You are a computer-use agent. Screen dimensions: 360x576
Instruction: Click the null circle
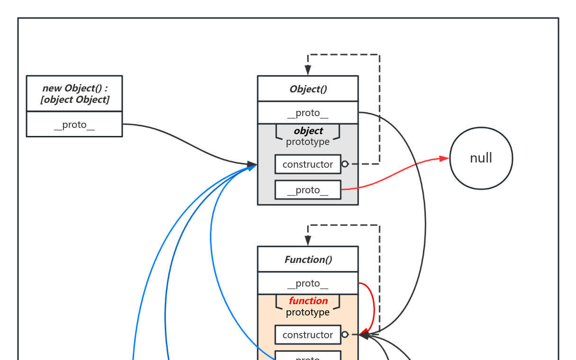pyautogui.click(x=481, y=158)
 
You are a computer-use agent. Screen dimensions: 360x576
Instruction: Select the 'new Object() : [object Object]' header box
pyautogui.click(x=74, y=94)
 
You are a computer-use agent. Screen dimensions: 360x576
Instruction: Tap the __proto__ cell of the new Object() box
pyautogui.click(x=74, y=125)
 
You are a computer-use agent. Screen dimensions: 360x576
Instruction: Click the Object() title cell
pyautogui.click(x=308, y=89)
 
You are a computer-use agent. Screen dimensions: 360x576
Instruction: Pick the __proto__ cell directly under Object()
pyautogui.click(x=308, y=113)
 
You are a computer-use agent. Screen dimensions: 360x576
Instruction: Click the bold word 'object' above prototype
pyautogui.click(x=308, y=131)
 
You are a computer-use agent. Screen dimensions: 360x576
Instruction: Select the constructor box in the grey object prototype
pyautogui.click(x=308, y=164)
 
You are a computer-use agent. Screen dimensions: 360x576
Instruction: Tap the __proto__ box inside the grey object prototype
pyautogui.click(x=308, y=190)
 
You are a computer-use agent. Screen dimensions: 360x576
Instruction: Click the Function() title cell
pyautogui.click(x=308, y=260)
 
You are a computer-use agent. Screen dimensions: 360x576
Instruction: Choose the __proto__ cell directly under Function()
pyautogui.click(x=308, y=284)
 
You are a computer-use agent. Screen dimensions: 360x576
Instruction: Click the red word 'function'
pyautogui.click(x=308, y=301)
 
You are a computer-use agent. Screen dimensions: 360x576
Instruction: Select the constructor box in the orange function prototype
pyautogui.click(x=308, y=335)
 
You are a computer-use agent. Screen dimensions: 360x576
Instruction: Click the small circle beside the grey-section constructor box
pyautogui.click(x=345, y=164)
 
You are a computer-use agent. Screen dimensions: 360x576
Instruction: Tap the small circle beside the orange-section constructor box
pyautogui.click(x=345, y=334)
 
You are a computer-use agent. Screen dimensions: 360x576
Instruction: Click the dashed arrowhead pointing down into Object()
pyautogui.click(x=308, y=71)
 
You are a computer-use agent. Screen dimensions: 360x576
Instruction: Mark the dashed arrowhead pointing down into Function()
pyautogui.click(x=308, y=241)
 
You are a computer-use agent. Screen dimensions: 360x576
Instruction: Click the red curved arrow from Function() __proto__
pyautogui.click(x=374, y=308)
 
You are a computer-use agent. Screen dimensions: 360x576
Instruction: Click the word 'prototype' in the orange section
pyautogui.click(x=308, y=312)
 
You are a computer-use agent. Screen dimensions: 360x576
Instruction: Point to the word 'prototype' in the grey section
pyautogui.click(x=308, y=142)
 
